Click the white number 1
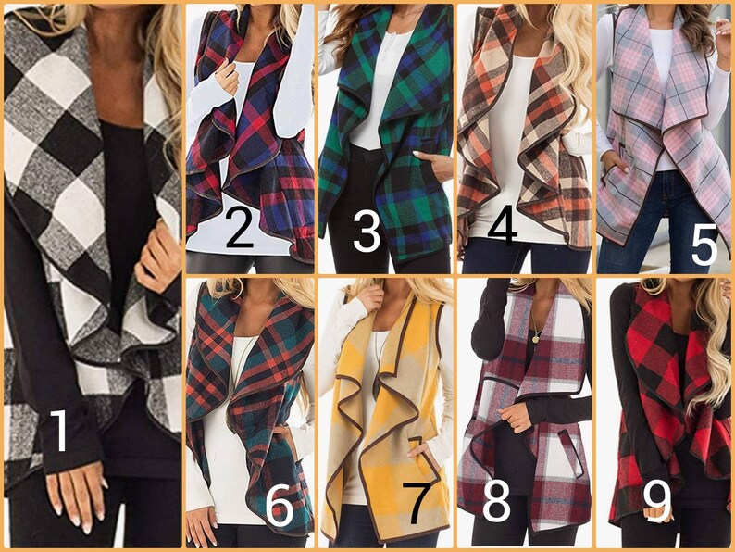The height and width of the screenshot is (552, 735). (58, 432)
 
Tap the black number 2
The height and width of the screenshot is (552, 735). (239, 229)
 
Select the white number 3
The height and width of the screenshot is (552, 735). (367, 231)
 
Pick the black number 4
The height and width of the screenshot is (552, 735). (502, 228)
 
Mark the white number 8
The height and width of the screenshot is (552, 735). (496, 501)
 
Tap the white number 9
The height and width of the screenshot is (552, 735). (657, 501)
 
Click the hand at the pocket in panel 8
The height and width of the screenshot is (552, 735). (515, 417)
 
